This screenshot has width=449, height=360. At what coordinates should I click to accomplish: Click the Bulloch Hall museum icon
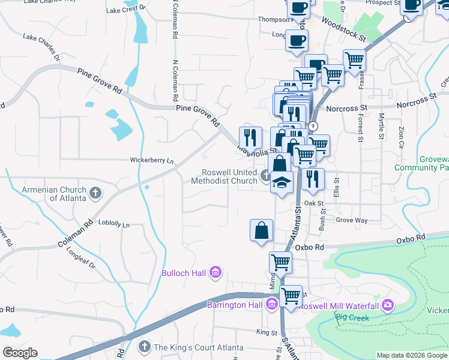coord(215,273)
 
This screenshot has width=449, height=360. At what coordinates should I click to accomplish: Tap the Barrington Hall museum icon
coord(271,304)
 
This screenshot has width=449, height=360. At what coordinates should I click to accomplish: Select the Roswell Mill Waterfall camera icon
coord(387,305)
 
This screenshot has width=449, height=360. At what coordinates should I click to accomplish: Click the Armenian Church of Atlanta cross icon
coord(95,193)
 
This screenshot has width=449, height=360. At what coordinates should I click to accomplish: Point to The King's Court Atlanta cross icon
coord(144,347)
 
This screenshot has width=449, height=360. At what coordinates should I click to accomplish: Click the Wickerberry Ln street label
coord(152,160)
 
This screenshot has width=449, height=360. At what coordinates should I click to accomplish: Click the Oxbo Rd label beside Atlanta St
coord(310,247)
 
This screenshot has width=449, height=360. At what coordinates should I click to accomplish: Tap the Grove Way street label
coord(352,220)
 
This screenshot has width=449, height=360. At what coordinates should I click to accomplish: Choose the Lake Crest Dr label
coord(125,10)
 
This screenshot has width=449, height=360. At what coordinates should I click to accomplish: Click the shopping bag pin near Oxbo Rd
coord(261,231)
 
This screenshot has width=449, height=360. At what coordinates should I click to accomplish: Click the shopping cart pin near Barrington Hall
coord(291,296)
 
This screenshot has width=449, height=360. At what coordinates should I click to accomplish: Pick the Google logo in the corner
coord(20,353)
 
